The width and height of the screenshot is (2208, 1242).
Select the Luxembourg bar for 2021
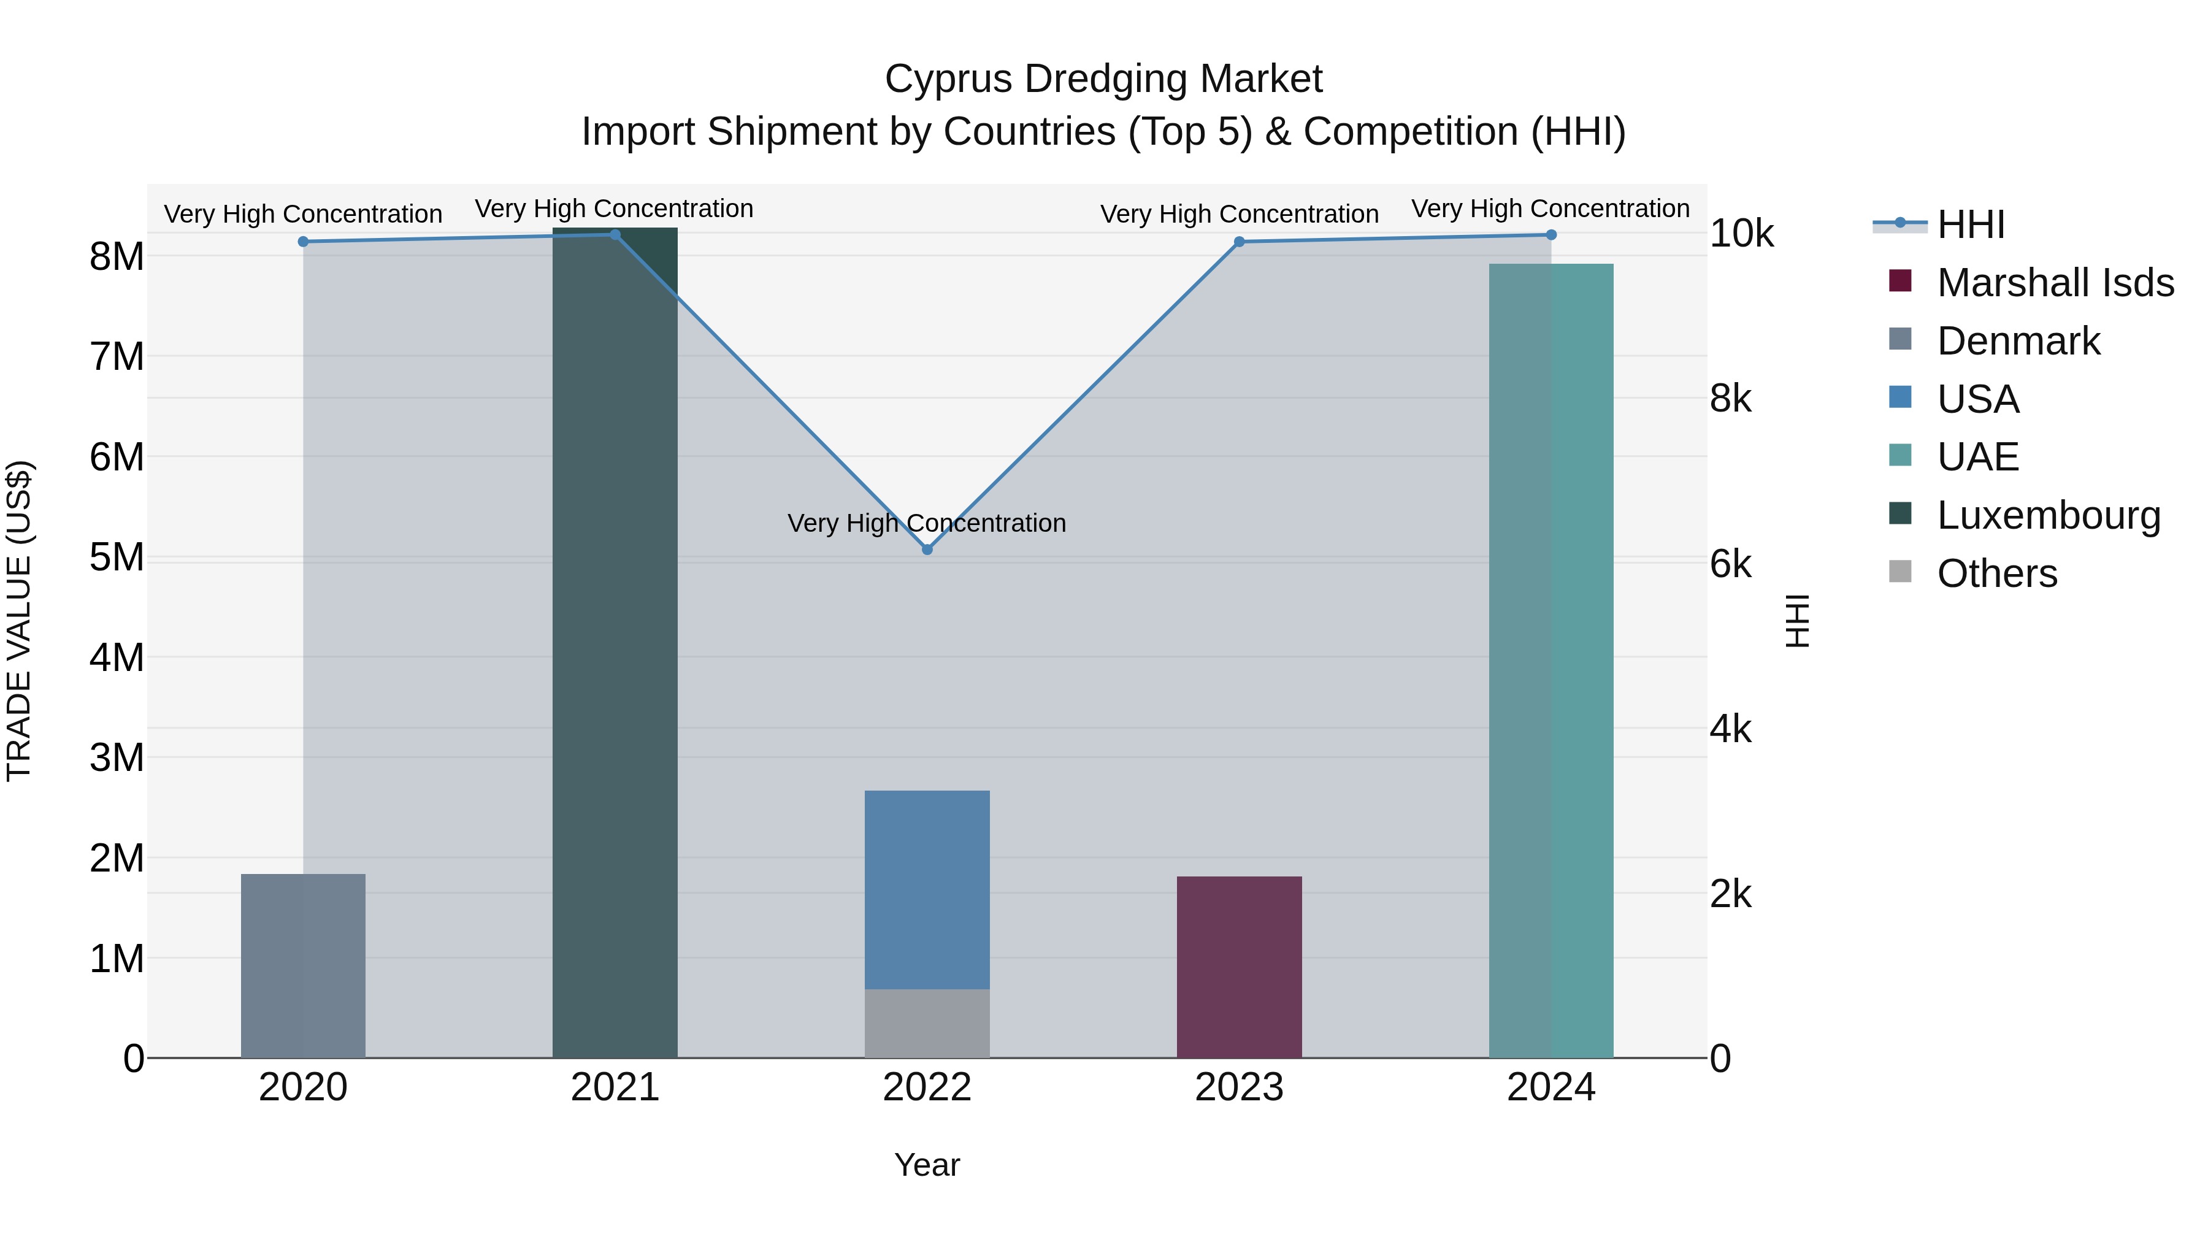pos(615,643)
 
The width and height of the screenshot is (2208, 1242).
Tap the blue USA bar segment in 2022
pos(927,889)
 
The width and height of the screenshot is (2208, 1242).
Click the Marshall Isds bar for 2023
pos(1238,966)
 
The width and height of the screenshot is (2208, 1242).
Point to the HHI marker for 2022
pos(927,550)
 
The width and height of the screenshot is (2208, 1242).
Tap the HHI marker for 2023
pos(1238,242)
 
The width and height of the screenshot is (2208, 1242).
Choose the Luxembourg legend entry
pos(2048,515)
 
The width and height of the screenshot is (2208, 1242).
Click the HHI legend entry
pos(1971,224)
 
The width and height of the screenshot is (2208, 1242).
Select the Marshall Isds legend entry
pos(2055,283)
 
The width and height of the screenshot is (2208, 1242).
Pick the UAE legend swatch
pos(1900,456)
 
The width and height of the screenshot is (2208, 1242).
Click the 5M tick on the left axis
pos(117,557)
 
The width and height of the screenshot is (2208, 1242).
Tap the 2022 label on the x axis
pos(927,1087)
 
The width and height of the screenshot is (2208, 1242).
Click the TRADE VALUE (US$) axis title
pos(19,621)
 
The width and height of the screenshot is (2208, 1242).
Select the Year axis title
pos(927,1165)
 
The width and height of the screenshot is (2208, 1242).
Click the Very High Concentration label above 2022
pos(927,523)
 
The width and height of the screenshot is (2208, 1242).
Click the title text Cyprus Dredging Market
pos(1103,79)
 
